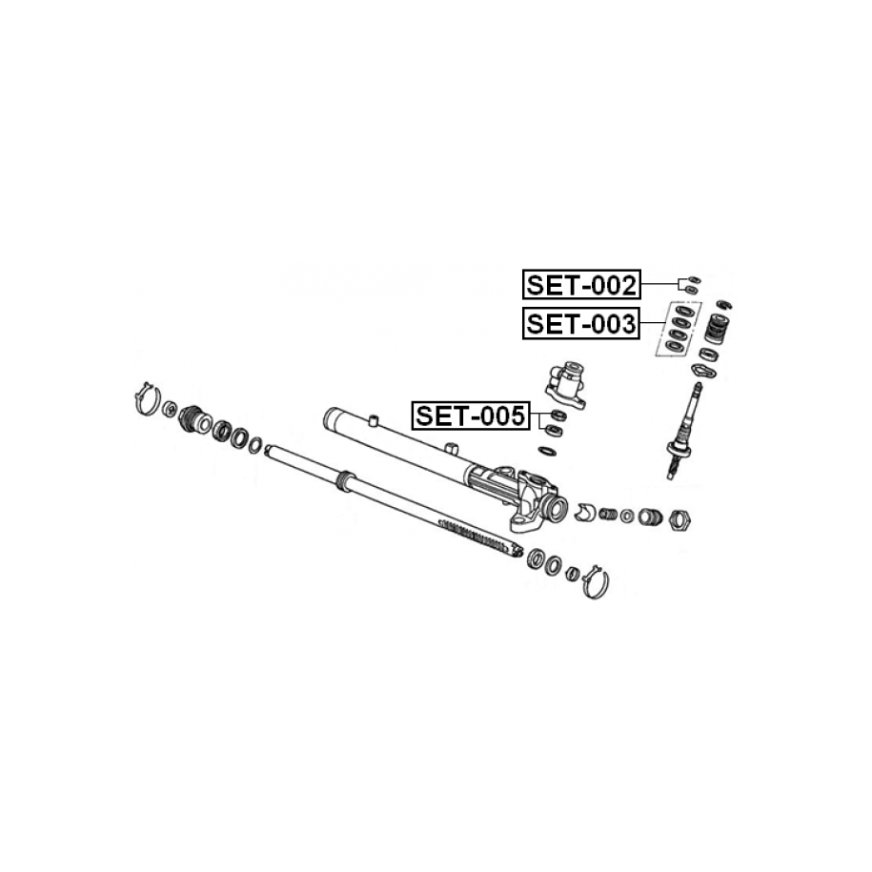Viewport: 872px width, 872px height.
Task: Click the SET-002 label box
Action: [581, 283]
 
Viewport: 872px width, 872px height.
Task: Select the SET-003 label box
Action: [581, 325]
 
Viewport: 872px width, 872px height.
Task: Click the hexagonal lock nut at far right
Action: [680, 520]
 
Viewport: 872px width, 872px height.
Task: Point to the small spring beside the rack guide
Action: [608, 515]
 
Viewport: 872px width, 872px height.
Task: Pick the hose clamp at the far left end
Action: [145, 399]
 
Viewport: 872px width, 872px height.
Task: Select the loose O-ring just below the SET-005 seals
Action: [549, 449]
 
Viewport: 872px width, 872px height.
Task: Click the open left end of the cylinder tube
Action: [333, 417]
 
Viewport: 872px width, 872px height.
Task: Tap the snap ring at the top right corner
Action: [723, 304]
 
